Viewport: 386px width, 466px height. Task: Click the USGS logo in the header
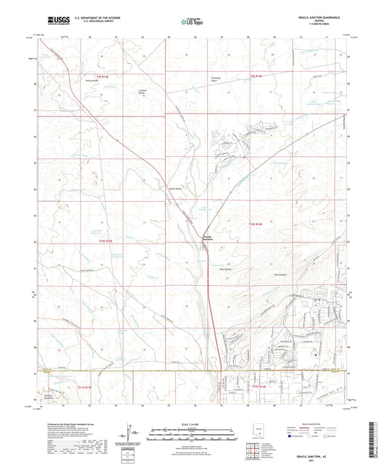click(54, 20)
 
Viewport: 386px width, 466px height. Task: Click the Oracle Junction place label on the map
click(207, 238)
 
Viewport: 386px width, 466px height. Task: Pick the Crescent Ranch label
click(143, 93)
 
